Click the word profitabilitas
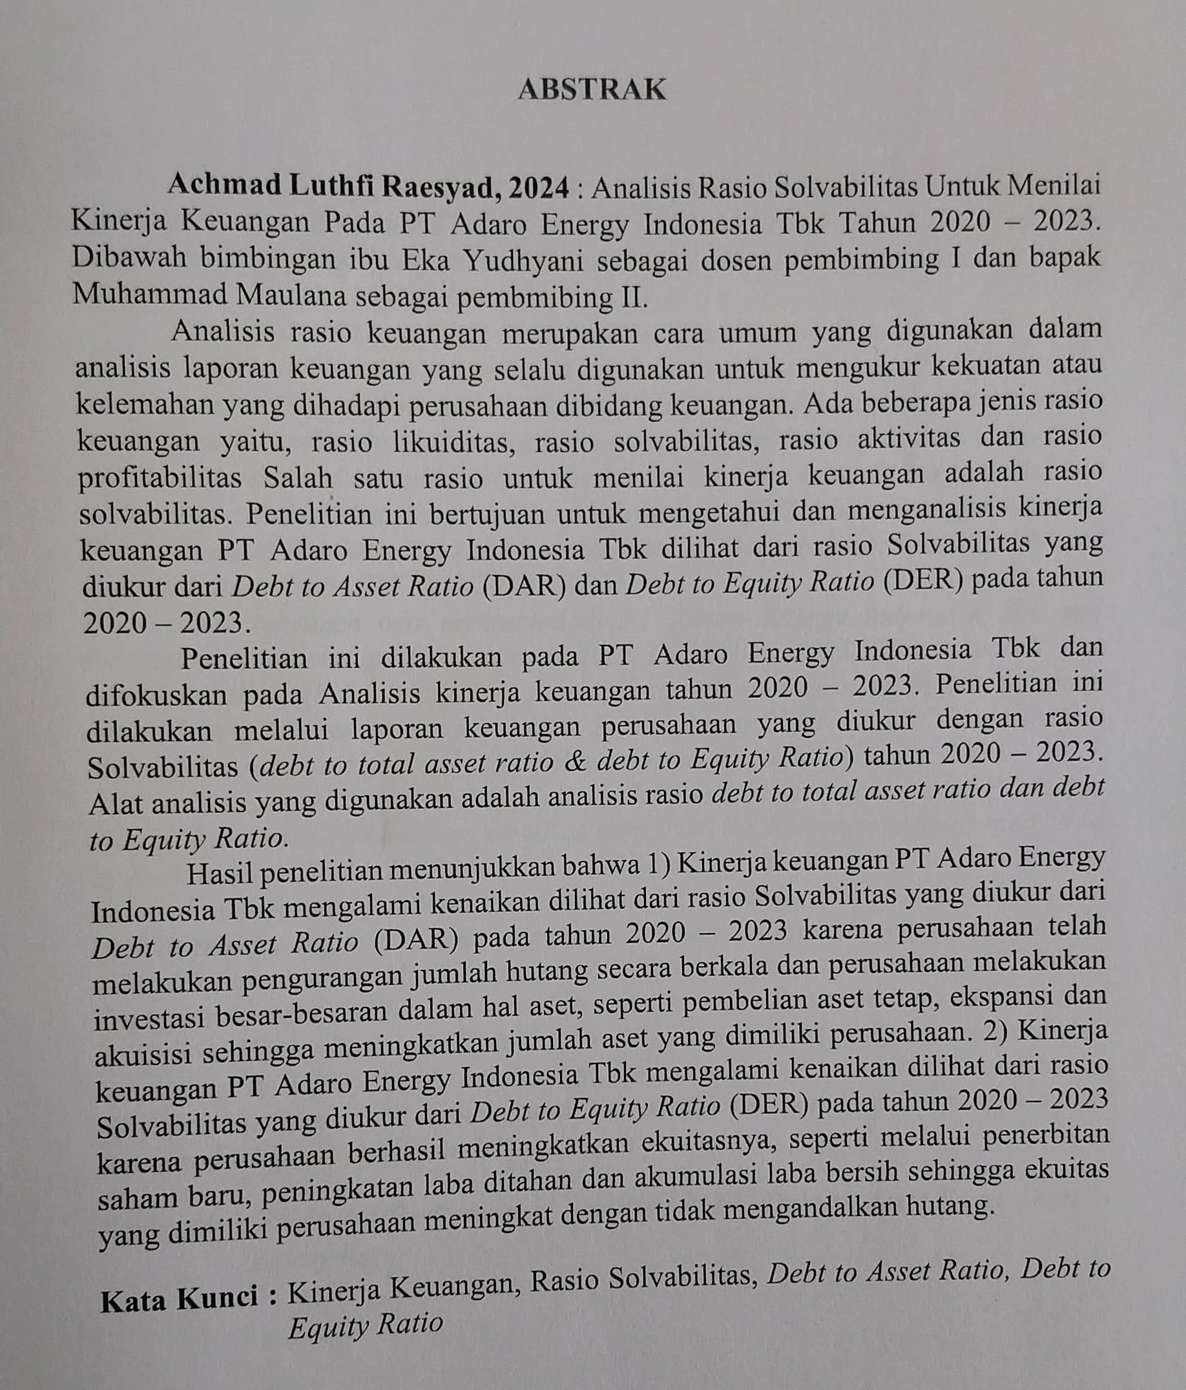[x=160, y=479]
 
